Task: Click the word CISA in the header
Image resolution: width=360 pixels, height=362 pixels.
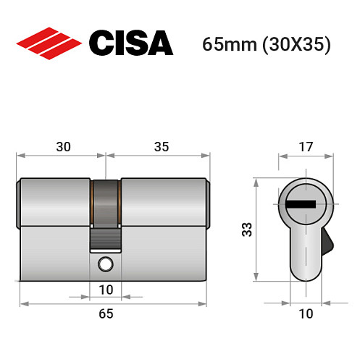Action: point(130,43)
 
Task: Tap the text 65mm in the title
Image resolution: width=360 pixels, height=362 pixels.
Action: point(229,45)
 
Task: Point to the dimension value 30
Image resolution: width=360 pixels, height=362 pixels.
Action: point(63,146)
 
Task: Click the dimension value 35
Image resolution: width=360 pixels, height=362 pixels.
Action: point(161,146)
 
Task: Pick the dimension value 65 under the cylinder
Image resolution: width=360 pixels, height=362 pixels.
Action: point(106,313)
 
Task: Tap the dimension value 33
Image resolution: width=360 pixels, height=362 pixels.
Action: point(247,230)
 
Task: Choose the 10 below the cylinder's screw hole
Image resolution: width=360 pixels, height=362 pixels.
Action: point(106,291)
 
